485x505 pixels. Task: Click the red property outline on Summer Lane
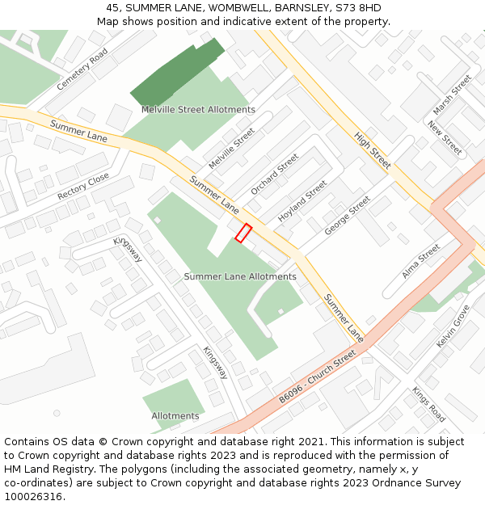pyautogui.click(x=243, y=233)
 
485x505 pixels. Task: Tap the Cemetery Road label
pyautogui.click(x=82, y=69)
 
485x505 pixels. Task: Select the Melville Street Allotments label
pyautogui.click(x=198, y=110)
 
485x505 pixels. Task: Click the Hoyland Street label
pyautogui.click(x=302, y=202)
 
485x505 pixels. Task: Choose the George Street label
pyautogui.click(x=347, y=216)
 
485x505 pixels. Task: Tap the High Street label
pyautogui.click(x=373, y=150)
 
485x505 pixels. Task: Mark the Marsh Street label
pyautogui.click(x=452, y=95)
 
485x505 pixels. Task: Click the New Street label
pyautogui.click(x=445, y=138)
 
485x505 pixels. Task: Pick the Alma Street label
pyautogui.click(x=421, y=260)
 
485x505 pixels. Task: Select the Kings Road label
pyautogui.click(x=428, y=404)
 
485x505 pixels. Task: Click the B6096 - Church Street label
pyautogui.click(x=317, y=377)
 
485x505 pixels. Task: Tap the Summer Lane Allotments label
pyautogui.click(x=240, y=276)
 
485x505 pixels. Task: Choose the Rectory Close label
pyautogui.click(x=83, y=187)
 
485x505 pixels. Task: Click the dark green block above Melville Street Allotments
pyautogui.click(x=177, y=73)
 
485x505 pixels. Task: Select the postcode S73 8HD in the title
pyautogui.click(x=359, y=8)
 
